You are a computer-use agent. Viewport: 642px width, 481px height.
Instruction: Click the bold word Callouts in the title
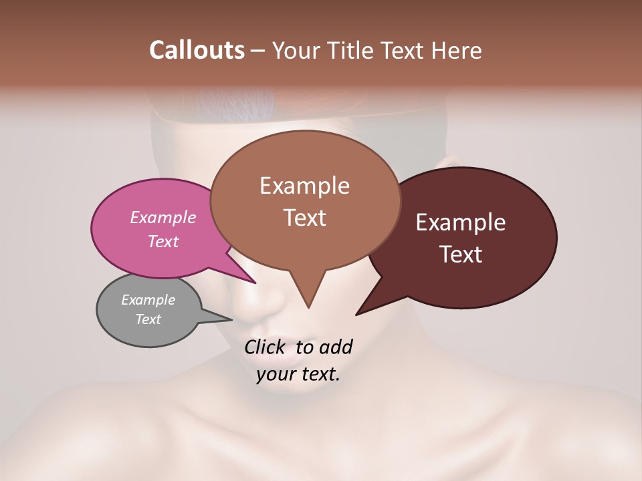[197, 50]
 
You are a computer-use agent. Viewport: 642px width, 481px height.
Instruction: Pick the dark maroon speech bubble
[468, 238]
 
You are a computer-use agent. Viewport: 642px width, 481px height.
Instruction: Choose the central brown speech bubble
[305, 200]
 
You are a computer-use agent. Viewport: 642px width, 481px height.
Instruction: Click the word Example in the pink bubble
[163, 217]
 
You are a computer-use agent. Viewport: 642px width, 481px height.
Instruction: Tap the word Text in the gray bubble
[148, 319]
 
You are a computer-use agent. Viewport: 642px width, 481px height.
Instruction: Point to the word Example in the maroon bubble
[461, 222]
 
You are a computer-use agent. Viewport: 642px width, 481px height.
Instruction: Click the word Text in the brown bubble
[305, 218]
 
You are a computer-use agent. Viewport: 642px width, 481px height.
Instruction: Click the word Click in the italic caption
[265, 347]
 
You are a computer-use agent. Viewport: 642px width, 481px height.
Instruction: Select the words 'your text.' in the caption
[298, 374]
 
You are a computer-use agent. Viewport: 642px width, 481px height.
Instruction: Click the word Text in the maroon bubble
[461, 255]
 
